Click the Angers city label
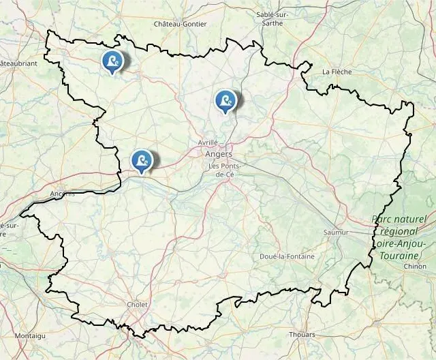tap(219, 154)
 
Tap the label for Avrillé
tap(207, 142)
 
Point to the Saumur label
tap(336, 232)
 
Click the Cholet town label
tap(137, 305)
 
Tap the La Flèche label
tap(336, 71)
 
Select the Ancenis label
tap(63, 194)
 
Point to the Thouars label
tap(302, 335)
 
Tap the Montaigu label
tap(30, 336)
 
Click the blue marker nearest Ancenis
tap(142, 161)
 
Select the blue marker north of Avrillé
tap(225, 101)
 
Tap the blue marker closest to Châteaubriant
tap(112, 61)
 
